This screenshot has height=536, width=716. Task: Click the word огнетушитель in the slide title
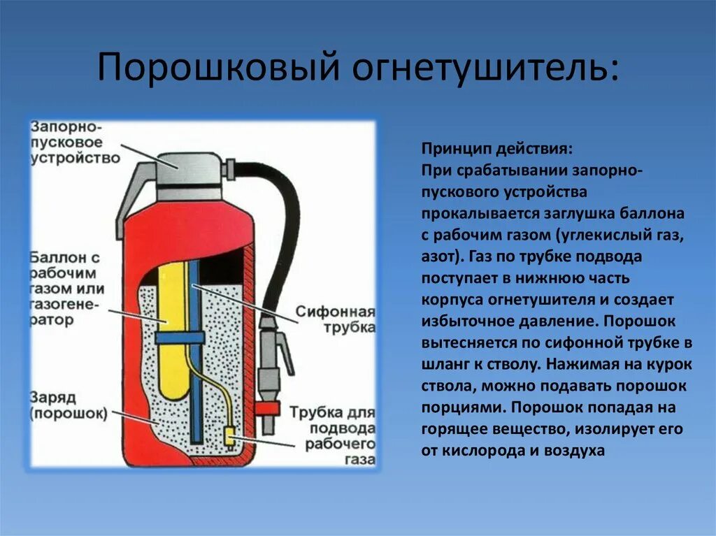[481, 67]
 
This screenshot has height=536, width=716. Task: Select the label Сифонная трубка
[335, 319]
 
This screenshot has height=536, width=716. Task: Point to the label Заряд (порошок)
[69, 405]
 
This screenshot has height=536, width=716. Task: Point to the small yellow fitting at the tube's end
[229, 435]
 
